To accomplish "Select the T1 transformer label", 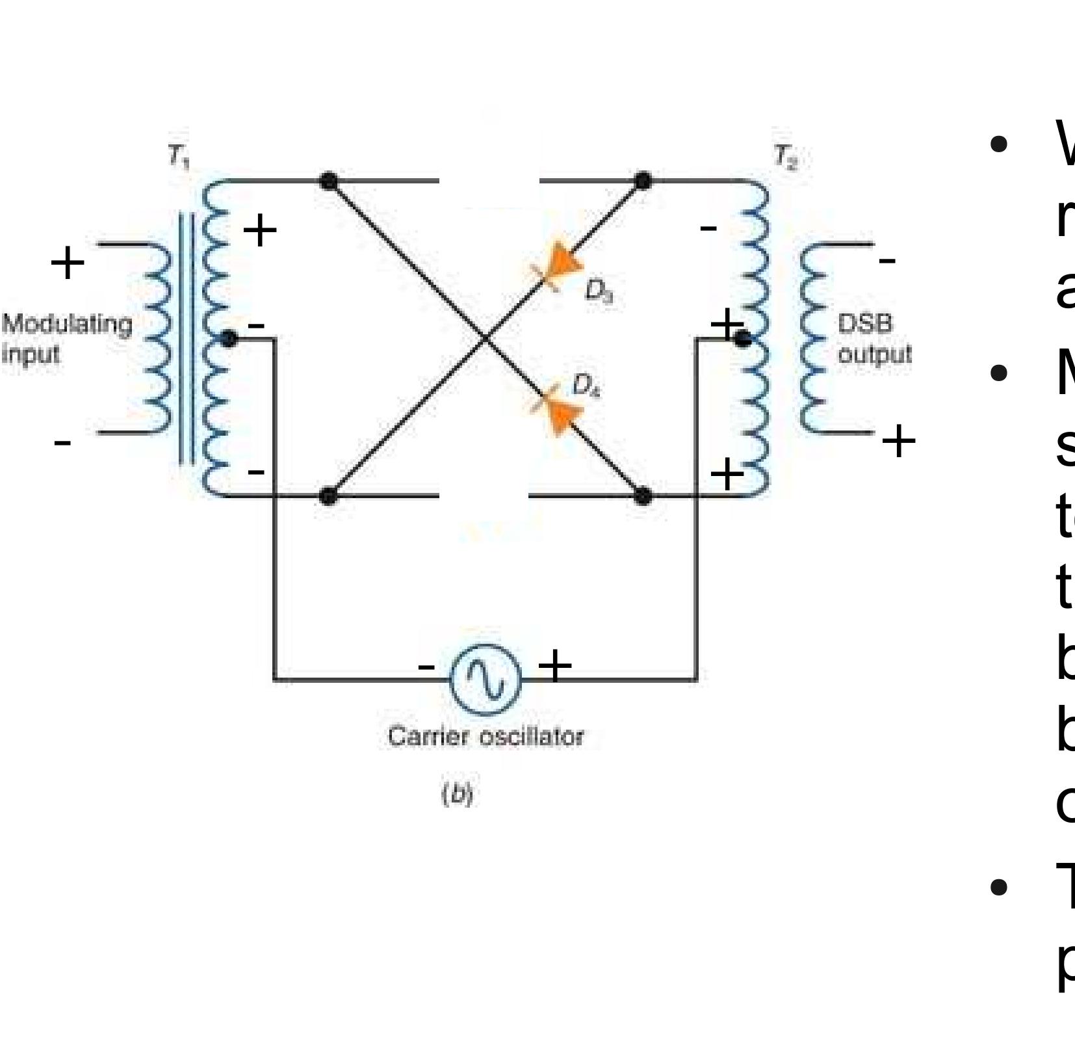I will coord(178,157).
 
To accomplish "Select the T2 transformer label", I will coord(785,157).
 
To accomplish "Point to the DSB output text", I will coord(874,338).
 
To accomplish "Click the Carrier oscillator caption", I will coord(486,737).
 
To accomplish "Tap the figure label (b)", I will coord(457,793).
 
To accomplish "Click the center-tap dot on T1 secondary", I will coord(228,338).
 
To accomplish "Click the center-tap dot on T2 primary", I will coord(744,338).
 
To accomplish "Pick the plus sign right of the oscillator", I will coord(554,666).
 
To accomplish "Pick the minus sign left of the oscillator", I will coord(426,666).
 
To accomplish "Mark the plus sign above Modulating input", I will coord(67,263).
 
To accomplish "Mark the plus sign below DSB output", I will coord(898,442).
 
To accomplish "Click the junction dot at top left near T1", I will coord(329,180).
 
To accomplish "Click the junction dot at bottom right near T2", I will coord(642,496).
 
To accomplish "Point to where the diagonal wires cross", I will coord(485,338).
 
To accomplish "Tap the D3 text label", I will coord(599,291).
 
